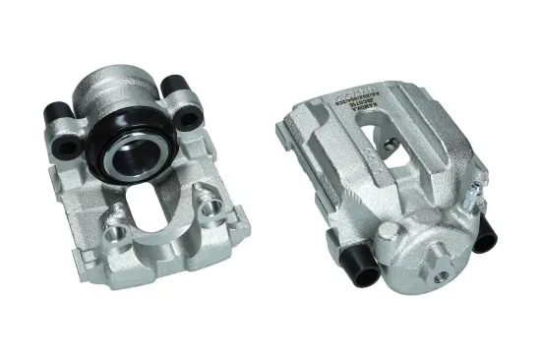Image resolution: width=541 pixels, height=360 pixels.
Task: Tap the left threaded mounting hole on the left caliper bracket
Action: (116, 236)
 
